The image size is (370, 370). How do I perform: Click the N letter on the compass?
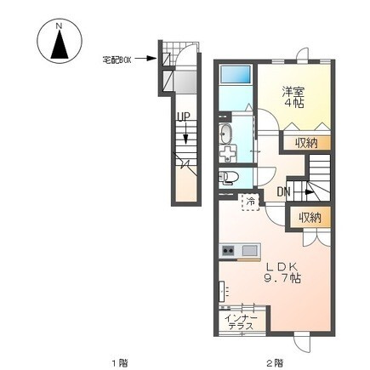coord(59,26)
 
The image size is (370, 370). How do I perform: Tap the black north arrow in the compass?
coord(60,44)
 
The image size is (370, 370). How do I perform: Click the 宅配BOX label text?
coord(117,60)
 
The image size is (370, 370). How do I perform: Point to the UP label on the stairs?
coord(183,117)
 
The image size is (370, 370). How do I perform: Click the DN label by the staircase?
coord(283,192)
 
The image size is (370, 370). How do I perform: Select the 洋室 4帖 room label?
coord(293,97)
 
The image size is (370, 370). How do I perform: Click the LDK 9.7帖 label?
coord(281,273)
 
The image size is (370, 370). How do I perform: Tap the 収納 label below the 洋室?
coord(306,144)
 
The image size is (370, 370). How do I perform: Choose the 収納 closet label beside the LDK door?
coord(310,218)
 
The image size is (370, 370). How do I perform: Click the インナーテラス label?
coord(241,322)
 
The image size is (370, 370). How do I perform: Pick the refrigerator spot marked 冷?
coord(250,202)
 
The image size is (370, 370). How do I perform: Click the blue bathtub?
coord(236,75)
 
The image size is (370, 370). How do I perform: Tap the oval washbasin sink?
coord(225,134)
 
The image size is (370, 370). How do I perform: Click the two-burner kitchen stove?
coord(228,251)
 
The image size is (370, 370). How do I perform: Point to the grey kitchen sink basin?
coord(250,251)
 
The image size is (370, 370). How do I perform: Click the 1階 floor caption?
coord(119,362)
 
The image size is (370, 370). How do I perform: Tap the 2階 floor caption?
coord(275,362)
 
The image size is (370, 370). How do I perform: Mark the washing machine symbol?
coord(228,153)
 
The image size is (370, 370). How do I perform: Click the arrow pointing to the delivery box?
coord(145,59)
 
